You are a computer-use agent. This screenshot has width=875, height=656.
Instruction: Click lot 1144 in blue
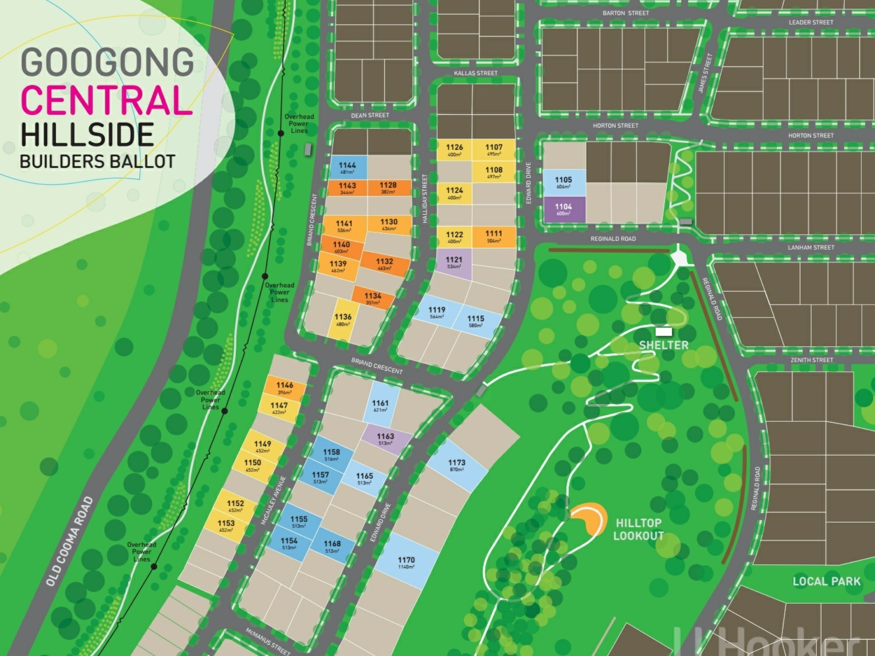(348, 167)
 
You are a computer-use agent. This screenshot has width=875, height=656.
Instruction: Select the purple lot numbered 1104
(564, 210)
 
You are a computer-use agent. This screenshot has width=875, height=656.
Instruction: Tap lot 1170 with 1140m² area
(407, 562)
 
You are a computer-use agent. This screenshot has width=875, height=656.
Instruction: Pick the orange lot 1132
(384, 264)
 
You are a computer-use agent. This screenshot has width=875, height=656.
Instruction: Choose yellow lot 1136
(343, 319)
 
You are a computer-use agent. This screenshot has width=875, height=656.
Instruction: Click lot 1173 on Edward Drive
(457, 465)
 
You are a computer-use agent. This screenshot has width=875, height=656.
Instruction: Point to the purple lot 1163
(386, 439)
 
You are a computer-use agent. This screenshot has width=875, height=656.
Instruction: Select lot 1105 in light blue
(564, 182)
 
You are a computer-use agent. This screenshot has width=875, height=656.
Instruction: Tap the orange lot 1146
(285, 388)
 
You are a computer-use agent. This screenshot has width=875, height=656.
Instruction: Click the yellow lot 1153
(226, 526)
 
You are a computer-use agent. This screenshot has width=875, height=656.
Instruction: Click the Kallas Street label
(475, 73)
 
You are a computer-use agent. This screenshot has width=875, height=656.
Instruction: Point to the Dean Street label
(370, 115)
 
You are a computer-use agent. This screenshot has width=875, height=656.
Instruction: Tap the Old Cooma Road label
(70, 542)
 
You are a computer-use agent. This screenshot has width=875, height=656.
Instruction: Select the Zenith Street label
(812, 360)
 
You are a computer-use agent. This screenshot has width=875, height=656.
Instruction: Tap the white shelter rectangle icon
(664, 331)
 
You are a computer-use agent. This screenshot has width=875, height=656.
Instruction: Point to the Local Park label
(826, 581)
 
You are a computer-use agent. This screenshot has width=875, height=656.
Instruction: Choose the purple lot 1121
(454, 262)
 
